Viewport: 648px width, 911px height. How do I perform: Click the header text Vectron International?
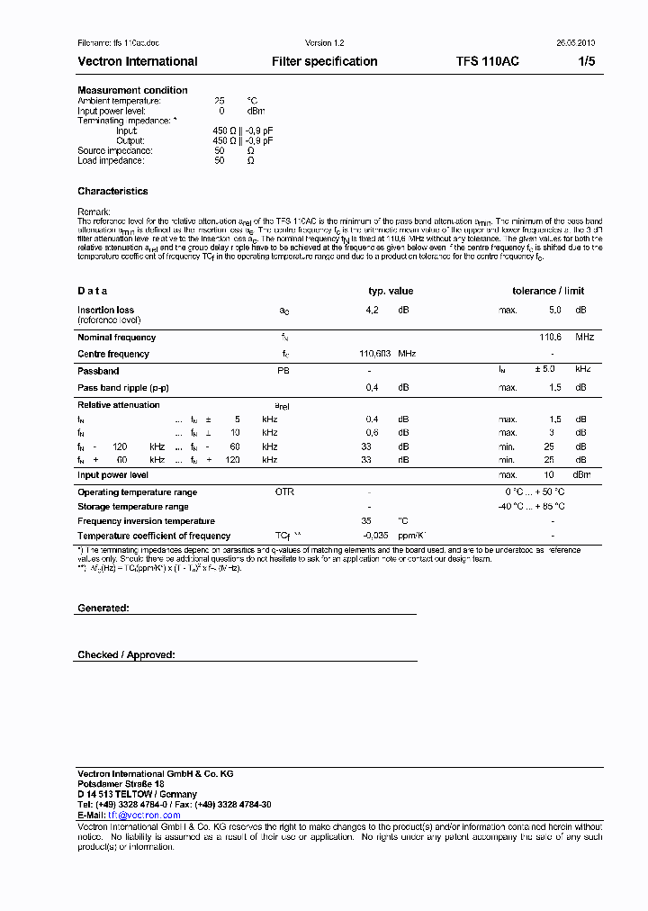[137, 61]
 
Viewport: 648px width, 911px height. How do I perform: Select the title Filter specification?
[324, 61]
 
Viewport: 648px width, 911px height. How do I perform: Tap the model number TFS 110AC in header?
[487, 61]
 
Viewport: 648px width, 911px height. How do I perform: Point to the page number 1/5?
[586, 61]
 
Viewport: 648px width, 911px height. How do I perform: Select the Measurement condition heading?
[132, 90]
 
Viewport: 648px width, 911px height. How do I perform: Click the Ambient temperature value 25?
[219, 101]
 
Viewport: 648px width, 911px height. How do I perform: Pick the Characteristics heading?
[112, 191]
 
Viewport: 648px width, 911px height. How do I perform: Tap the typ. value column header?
[391, 291]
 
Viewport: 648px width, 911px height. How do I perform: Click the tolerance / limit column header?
[548, 291]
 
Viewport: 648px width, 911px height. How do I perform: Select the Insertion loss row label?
[105, 310]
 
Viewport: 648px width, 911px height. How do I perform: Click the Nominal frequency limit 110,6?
[550, 337]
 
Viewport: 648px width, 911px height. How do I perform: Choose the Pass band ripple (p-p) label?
[122, 387]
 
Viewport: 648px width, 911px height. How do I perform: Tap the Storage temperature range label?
[132, 507]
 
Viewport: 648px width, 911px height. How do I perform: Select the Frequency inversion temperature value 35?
[366, 521]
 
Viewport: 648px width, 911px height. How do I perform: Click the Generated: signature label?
[103, 609]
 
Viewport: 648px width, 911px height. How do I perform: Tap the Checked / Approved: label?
[126, 655]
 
